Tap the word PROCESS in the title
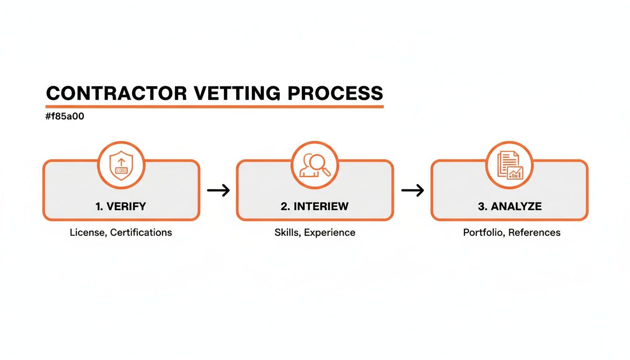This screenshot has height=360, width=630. (x=335, y=93)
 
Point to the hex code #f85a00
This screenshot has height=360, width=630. (x=65, y=117)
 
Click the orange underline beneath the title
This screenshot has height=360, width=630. (x=215, y=107)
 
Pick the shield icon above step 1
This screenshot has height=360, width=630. (x=121, y=165)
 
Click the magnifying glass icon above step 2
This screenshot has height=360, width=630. (x=315, y=165)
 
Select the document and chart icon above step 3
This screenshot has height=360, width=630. (x=509, y=165)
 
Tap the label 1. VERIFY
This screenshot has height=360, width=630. (x=121, y=206)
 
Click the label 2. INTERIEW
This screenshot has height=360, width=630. (x=315, y=206)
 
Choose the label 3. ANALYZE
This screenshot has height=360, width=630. (x=510, y=206)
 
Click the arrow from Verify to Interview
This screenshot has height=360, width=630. (x=218, y=190)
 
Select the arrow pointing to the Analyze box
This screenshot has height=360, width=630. (x=412, y=190)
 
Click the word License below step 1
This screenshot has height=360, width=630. (x=88, y=232)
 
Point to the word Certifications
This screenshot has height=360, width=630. (x=141, y=232)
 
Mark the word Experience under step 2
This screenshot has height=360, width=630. (x=330, y=232)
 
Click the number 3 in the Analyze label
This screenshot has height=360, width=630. (x=480, y=206)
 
